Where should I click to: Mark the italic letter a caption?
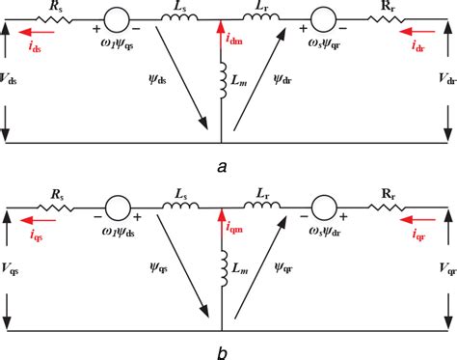(223, 166)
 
